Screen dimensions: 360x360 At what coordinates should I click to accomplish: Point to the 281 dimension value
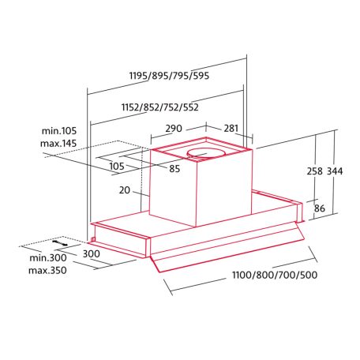(231, 128)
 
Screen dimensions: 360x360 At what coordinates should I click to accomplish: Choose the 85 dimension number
(174, 168)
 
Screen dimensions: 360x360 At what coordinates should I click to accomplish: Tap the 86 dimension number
(319, 208)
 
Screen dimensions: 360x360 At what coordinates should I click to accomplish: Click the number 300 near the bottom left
(91, 253)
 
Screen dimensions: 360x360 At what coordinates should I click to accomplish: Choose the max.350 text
(48, 271)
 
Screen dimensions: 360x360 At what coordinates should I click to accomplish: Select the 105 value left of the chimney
(117, 166)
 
